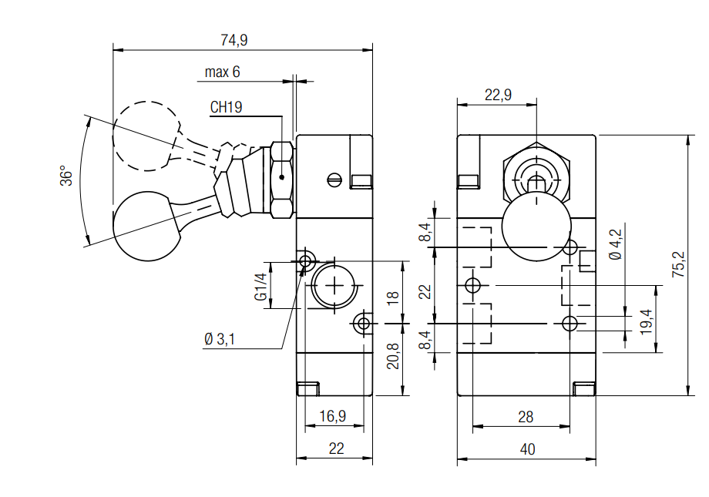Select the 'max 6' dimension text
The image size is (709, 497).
pyautogui.click(x=222, y=72)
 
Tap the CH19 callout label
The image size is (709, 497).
pyautogui.click(x=226, y=108)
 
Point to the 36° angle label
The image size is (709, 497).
pyautogui.click(x=68, y=176)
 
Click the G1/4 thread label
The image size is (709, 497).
pyautogui.click(x=260, y=287)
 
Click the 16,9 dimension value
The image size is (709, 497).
pyautogui.click(x=332, y=416)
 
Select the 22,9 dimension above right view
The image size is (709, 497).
pyautogui.click(x=498, y=95)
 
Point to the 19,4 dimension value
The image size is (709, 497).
pyautogui.click(x=645, y=319)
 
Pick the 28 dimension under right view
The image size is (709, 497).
pyautogui.click(x=526, y=417)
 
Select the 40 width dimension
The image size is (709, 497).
pyautogui.click(x=526, y=448)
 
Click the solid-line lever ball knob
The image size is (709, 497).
pyautogui.click(x=146, y=227)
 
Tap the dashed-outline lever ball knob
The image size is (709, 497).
pyautogui.click(x=146, y=136)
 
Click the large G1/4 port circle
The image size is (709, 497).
pyautogui.click(x=334, y=287)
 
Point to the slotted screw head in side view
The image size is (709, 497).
pyautogui.click(x=334, y=180)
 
